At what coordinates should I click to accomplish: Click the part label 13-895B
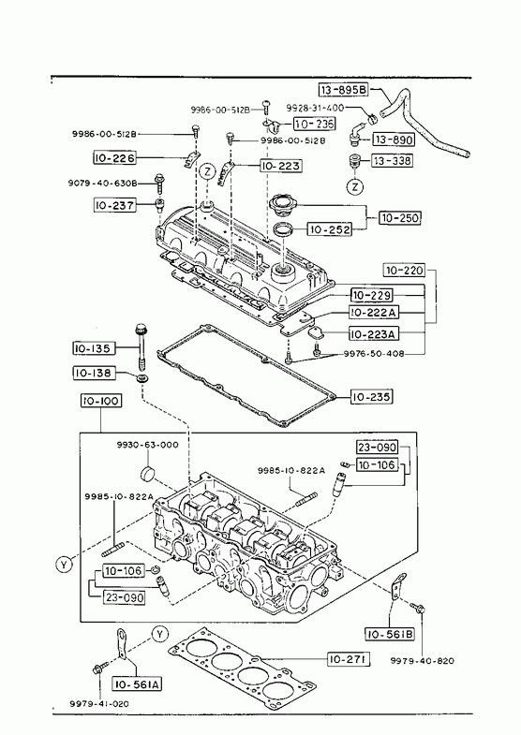pyautogui.click(x=344, y=90)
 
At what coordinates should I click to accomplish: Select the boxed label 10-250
pyautogui.click(x=400, y=218)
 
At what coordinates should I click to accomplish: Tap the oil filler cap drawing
pyautogui.click(x=282, y=206)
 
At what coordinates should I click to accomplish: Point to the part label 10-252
pyautogui.click(x=329, y=229)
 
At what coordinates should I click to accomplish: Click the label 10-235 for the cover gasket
pyautogui.click(x=371, y=397)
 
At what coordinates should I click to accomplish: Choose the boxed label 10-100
pyautogui.click(x=101, y=402)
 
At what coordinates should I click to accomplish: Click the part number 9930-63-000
pyautogui.click(x=147, y=445)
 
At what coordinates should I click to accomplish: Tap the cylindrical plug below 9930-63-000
pyautogui.click(x=148, y=473)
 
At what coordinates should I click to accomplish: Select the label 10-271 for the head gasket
pyautogui.click(x=349, y=659)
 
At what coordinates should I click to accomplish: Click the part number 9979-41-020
pyautogui.click(x=99, y=703)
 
